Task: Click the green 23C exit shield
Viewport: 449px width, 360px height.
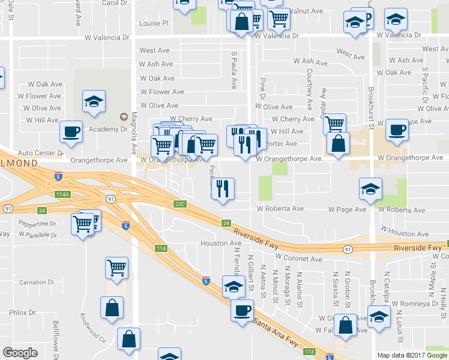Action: (x=181, y=204)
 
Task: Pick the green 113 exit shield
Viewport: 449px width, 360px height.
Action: (x=310, y=352)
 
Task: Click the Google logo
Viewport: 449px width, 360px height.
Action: (x=20, y=353)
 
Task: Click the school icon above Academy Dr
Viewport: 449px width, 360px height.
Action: (x=94, y=101)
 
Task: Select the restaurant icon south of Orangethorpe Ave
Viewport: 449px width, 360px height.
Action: (x=223, y=190)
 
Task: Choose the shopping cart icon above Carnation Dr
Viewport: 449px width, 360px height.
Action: (x=116, y=268)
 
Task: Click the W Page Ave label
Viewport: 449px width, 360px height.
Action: (x=347, y=209)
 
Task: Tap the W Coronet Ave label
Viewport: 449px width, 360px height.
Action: (x=298, y=259)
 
